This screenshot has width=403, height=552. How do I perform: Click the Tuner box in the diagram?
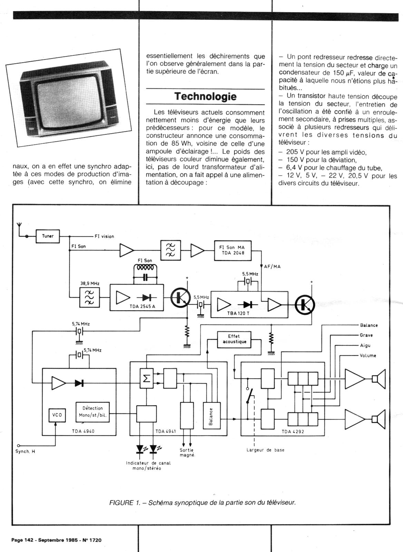tap(48, 236)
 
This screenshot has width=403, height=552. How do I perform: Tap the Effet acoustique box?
tap(234, 339)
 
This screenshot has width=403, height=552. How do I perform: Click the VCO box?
tap(57, 415)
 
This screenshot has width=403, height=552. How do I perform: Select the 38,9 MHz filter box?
tap(90, 298)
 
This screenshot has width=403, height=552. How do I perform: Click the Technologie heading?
tap(205, 96)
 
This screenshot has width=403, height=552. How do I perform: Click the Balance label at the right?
tap(368, 325)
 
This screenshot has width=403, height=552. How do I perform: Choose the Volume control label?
tap(368, 355)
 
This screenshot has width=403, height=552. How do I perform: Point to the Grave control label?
tap(366, 335)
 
